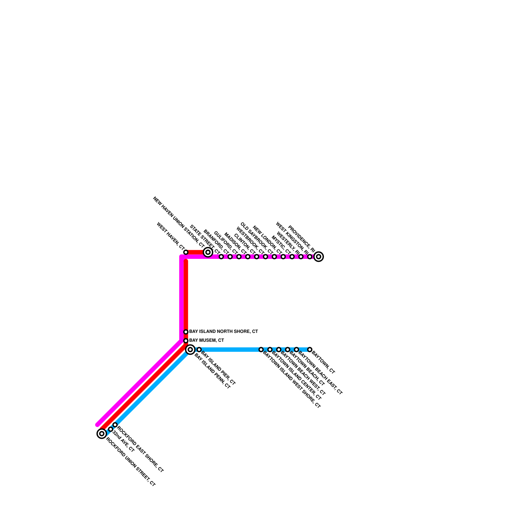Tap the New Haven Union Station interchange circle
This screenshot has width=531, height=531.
pos(208,252)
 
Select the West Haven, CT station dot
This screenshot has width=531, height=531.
pos(186,252)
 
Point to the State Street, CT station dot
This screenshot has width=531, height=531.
pos(221,257)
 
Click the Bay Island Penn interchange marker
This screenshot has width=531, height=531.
pos(190,349)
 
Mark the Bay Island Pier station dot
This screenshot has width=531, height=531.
pos(199,349)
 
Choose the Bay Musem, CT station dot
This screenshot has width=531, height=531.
pos(186,341)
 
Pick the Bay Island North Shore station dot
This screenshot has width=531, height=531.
pos(186,332)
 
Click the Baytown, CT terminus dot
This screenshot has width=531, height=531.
pos(310,349)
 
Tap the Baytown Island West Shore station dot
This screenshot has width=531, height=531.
pos(261,349)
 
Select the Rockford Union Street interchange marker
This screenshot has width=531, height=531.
pos(102,433)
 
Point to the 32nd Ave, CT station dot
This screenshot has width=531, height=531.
pos(111,429)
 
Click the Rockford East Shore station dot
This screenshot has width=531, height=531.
pos(115,425)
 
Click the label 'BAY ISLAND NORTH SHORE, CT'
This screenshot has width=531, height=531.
pos(223,332)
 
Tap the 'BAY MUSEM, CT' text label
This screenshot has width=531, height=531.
pos(206,341)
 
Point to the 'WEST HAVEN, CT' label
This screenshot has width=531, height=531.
pos(170,236)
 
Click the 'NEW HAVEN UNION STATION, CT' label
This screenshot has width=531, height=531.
pos(179,226)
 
